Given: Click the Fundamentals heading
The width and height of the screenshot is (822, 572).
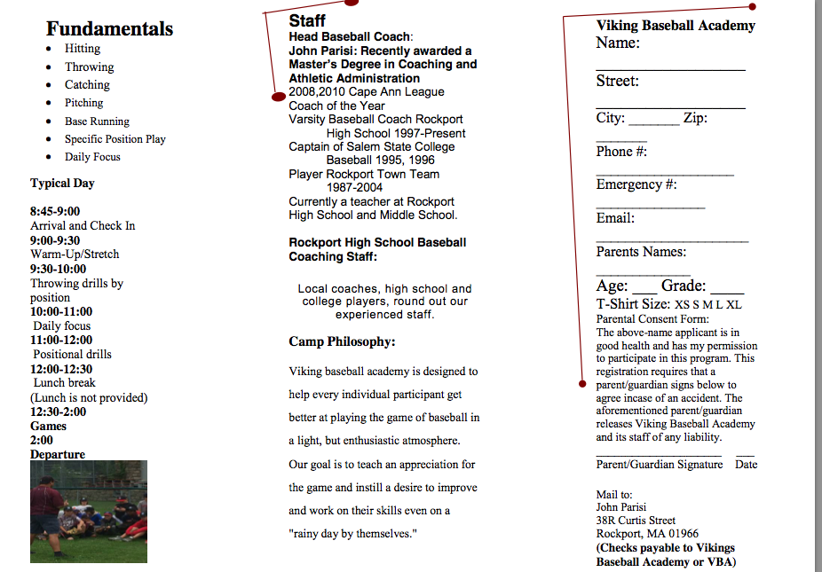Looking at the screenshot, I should [109, 28].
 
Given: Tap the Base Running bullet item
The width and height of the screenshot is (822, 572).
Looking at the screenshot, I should [97, 121].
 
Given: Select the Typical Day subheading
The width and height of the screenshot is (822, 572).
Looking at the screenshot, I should [62, 184].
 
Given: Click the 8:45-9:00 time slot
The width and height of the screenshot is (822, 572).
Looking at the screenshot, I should [55, 211].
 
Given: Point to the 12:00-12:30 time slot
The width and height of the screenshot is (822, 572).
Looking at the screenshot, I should [61, 369].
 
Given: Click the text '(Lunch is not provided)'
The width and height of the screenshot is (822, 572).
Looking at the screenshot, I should [89, 397].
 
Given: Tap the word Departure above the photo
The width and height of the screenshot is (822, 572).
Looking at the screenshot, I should [58, 454].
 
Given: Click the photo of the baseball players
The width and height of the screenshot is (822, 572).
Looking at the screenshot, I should [88, 511].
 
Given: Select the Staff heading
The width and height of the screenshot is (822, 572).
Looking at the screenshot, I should [307, 20].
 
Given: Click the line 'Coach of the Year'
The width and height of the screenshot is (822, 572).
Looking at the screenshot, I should [336, 106].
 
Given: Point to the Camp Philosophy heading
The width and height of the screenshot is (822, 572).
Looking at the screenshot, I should [342, 341].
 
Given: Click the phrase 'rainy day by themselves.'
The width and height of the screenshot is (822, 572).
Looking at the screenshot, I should [352, 533].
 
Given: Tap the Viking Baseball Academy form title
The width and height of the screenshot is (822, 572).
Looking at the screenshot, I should [676, 26].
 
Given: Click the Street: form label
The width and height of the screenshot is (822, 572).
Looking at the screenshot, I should [617, 81].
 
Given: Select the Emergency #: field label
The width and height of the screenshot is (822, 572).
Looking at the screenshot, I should [636, 184].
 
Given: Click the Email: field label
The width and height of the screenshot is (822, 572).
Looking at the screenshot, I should [615, 218].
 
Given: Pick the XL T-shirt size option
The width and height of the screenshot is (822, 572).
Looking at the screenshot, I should [734, 305].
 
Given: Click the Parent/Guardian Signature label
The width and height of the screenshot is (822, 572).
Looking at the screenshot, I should [660, 465].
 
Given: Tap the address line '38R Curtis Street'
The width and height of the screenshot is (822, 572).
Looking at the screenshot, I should [636, 521].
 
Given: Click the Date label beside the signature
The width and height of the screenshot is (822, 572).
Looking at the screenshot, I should [746, 465].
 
